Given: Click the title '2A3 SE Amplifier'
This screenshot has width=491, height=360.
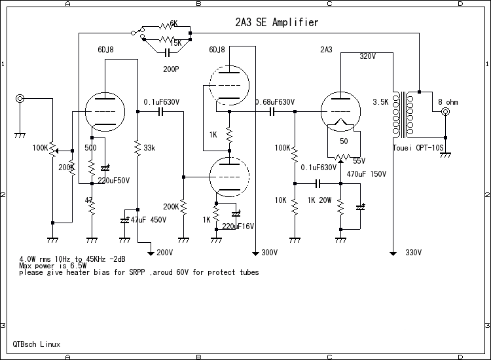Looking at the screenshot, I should [276, 23].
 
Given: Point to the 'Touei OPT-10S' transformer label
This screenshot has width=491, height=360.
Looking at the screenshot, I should [419, 148].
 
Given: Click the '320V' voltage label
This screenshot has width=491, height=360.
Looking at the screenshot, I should [368, 57].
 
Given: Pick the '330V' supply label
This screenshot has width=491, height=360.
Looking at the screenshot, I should [414, 252].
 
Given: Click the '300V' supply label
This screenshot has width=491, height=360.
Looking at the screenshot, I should [270, 252].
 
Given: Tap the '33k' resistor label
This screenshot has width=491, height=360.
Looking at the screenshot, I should [149, 148].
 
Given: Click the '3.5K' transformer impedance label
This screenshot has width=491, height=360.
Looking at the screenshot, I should [381, 103].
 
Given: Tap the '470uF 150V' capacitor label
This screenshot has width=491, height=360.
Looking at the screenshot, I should [367, 174].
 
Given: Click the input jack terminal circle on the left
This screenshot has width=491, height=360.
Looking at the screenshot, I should [20, 99].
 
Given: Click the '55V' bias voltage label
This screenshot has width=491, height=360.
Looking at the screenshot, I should [359, 161].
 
